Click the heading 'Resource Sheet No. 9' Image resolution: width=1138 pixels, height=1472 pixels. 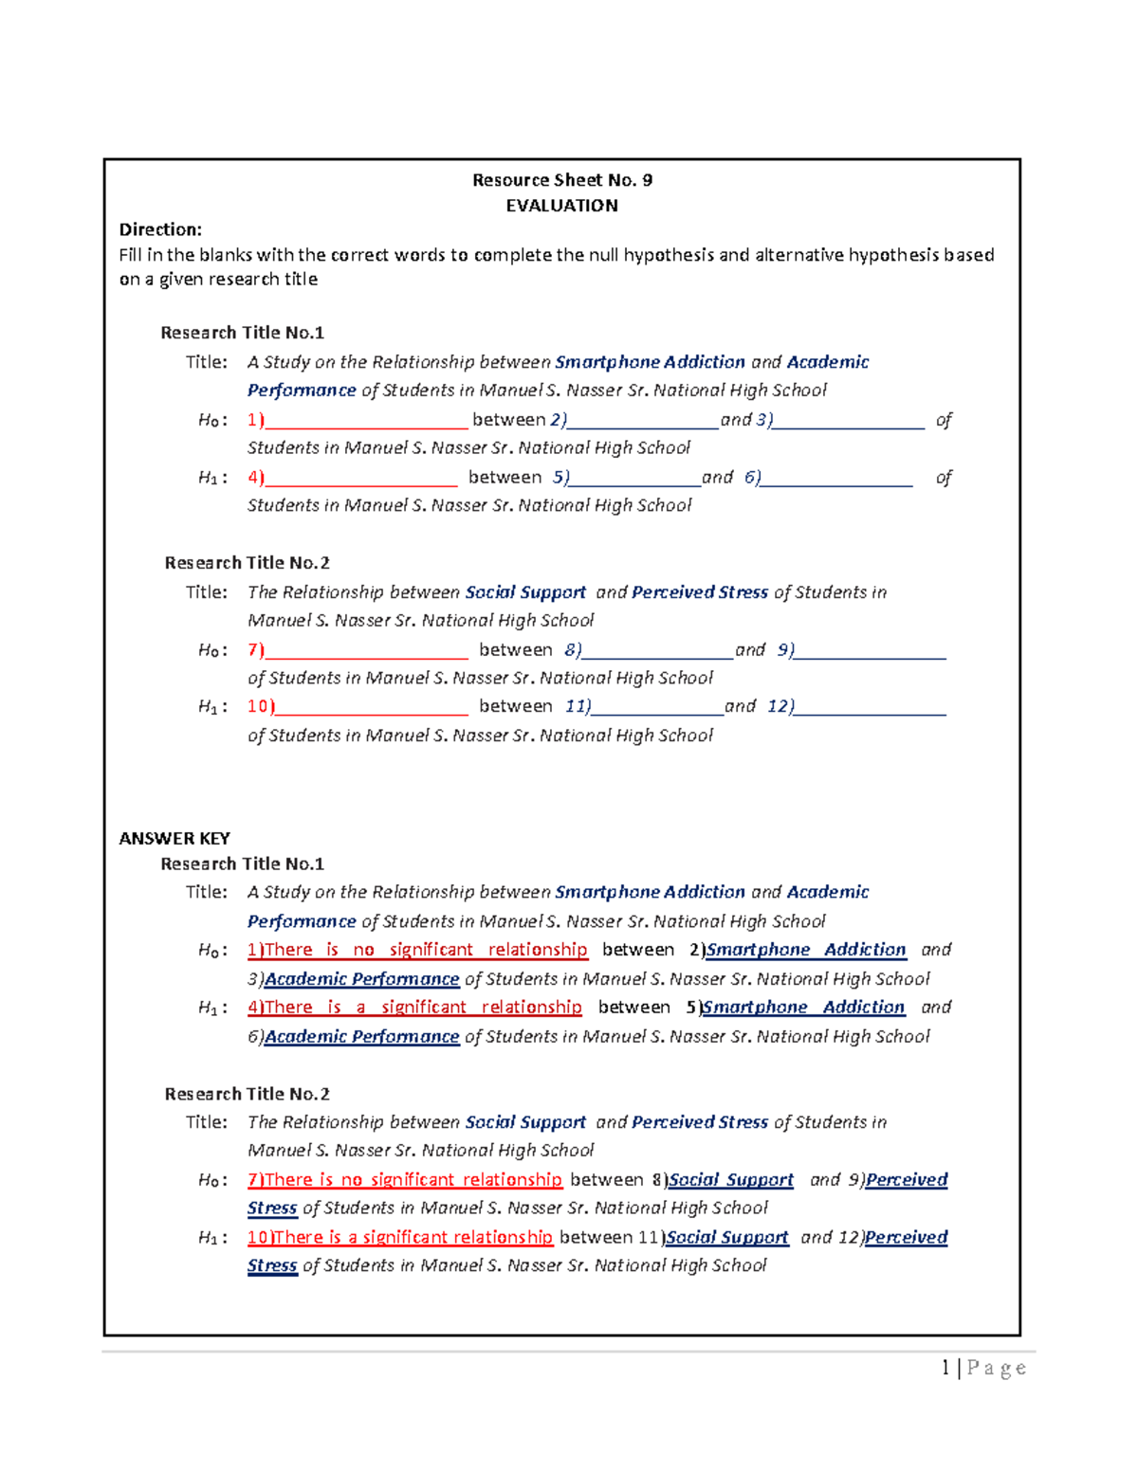[561, 180]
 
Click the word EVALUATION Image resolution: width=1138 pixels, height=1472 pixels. [561, 206]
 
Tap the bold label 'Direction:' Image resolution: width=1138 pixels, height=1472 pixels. [160, 229]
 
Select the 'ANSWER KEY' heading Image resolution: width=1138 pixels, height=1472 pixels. [174, 838]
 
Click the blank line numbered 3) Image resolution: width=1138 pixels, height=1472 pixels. [848, 421]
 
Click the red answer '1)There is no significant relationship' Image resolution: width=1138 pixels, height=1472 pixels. [417, 950]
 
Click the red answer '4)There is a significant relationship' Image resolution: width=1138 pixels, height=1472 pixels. [414, 1008]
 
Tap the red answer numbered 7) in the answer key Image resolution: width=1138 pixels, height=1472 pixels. [405, 1180]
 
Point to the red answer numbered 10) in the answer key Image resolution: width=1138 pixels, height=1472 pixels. [399, 1238]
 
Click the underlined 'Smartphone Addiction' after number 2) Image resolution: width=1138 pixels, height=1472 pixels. [806, 950]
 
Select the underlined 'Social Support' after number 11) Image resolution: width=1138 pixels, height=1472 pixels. [726, 1238]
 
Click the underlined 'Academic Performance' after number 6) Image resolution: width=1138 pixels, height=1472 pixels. [361, 1037]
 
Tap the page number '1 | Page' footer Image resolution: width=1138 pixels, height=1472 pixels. [983, 1368]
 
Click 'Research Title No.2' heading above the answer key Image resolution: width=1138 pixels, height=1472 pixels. [247, 563]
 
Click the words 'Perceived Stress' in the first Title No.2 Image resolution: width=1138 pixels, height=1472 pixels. [700, 592]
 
